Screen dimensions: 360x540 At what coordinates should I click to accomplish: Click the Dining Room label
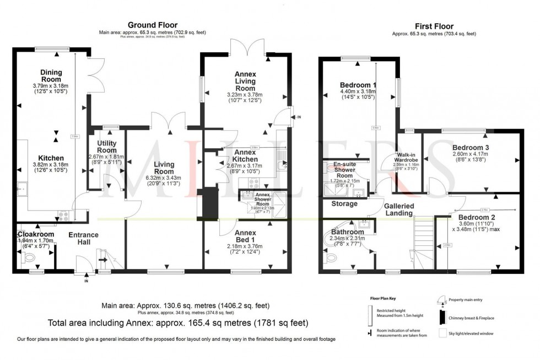coord(51,76)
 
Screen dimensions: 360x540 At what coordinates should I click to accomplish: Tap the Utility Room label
coord(106,147)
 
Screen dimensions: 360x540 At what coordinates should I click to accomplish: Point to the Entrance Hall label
coord(83,239)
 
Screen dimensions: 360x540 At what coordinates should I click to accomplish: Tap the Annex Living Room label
coord(245,81)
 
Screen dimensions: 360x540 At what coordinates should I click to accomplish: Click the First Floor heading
coord(435,26)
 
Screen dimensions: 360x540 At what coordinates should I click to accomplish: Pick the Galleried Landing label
coord(399,209)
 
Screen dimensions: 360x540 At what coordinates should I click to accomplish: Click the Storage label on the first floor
coord(344,204)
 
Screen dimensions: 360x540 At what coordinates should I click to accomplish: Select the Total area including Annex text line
coord(179,323)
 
